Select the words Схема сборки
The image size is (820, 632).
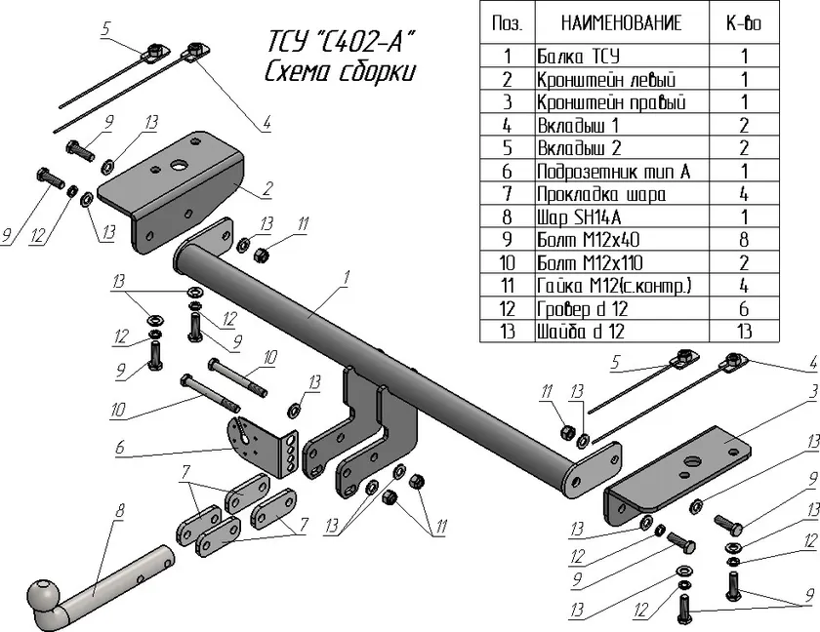click(340, 73)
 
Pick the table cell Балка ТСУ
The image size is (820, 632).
click(579, 57)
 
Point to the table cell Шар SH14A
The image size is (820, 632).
click(580, 217)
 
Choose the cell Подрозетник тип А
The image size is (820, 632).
click(613, 171)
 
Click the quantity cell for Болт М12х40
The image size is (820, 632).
click(745, 240)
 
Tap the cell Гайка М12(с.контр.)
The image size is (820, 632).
click(614, 286)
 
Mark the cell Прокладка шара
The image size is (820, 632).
click(599, 194)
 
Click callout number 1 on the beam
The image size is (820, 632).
click(346, 278)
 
